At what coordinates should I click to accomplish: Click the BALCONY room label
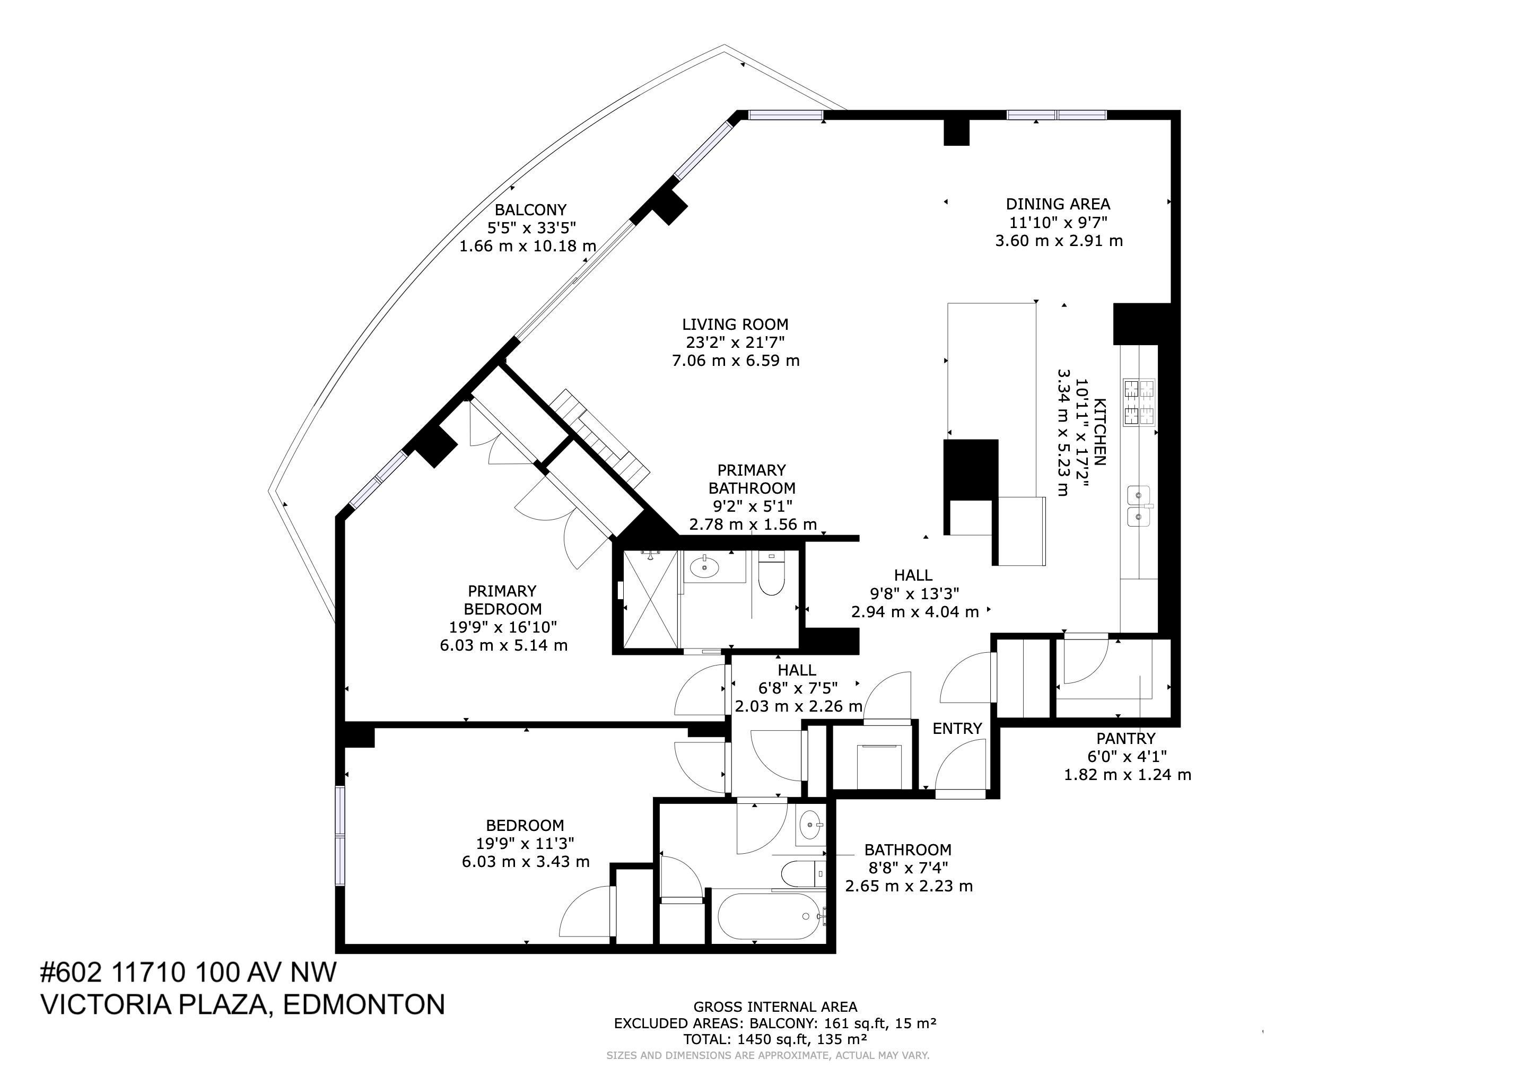click(x=530, y=210)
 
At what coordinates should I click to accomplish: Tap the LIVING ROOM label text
click(x=735, y=325)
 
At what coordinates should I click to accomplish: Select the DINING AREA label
click(x=1058, y=204)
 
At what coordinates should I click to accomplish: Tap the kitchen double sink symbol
click(x=1139, y=506)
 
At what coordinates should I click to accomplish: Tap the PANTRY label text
click(x=1125, y=738)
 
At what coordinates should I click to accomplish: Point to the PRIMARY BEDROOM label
click(x=502, y=600)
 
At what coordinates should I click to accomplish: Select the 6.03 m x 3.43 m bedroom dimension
click(x=525, y=861)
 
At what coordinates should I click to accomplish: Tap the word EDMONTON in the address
click(x=364, y=1005)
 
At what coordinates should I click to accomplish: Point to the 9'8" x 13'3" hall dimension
click(x=914, y=593)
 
